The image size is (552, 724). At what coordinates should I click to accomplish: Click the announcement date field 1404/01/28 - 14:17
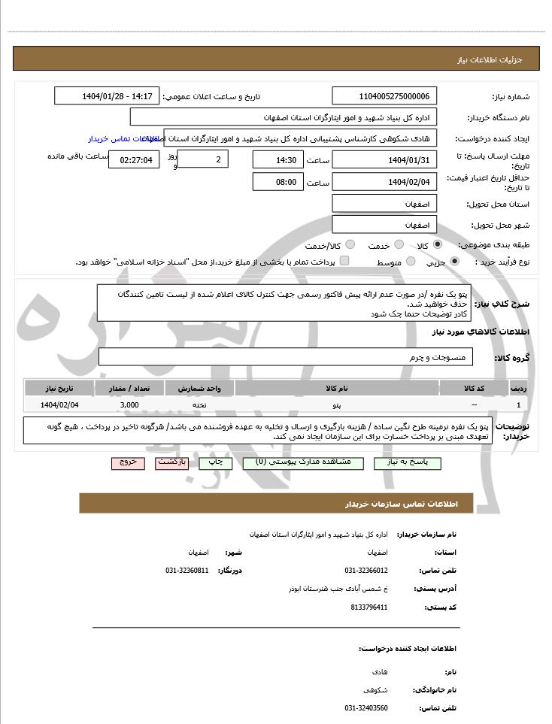tap(107, 96)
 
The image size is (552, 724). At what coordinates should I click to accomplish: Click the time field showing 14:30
tap(278, 160)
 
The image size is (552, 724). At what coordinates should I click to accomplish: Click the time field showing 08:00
tap(278, 182)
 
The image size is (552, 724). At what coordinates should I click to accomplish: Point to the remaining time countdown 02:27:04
tap(135, 160)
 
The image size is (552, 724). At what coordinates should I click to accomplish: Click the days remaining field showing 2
tap(203, 160)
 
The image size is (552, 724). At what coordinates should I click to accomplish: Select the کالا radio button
tap(438, 245)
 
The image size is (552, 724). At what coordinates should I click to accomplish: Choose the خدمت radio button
tap(399, 245)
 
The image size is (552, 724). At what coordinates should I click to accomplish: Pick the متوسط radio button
tap(411, 261)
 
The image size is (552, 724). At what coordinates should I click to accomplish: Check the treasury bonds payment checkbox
tap(344, 261)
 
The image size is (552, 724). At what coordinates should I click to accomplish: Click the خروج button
tap(128, 462)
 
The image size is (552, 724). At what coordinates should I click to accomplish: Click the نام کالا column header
tap(337, 388)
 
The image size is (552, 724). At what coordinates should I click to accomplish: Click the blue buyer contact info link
tap(123, 139)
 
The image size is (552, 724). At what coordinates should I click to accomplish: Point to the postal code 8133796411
tap(369, 607)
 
